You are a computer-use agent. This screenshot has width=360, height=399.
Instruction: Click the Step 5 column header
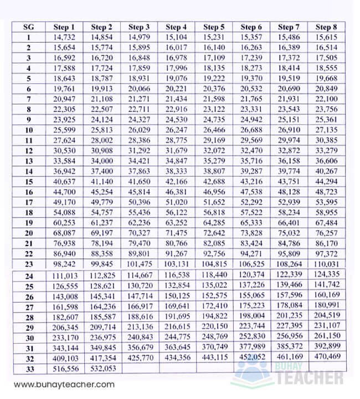[214, 27]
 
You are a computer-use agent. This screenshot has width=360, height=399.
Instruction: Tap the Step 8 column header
[326, 27]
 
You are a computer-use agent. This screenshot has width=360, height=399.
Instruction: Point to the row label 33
[28, 368]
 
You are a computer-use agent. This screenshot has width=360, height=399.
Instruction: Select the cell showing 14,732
[64, 38]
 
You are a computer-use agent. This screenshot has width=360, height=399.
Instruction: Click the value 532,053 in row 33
[101, 368]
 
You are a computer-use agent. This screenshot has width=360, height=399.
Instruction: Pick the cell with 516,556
[64, 368]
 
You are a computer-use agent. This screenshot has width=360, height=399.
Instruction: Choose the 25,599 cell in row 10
[64, 130]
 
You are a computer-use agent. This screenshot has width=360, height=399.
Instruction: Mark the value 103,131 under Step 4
[176, 264]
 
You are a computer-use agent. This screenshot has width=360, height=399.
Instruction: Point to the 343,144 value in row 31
[64, 347]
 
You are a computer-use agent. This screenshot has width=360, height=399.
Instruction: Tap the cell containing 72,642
[214, 233]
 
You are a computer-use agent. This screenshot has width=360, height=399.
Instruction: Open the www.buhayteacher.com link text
[65, 384]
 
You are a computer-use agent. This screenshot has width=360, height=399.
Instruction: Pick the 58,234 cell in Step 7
[289, 212]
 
